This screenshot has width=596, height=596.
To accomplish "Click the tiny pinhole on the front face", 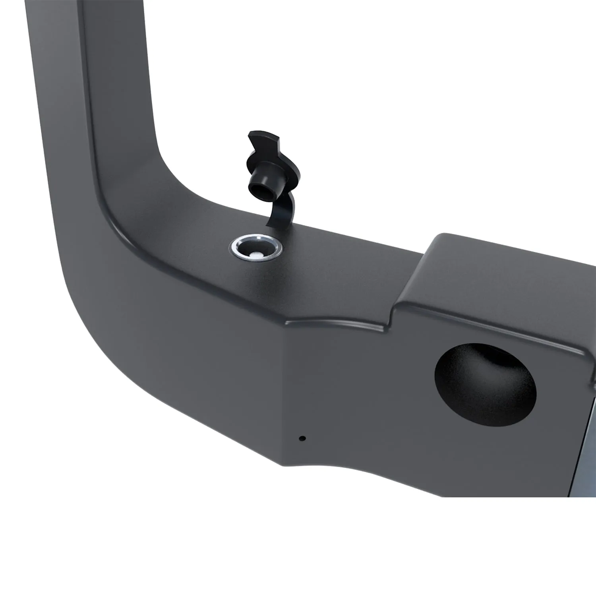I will (302, 439).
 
